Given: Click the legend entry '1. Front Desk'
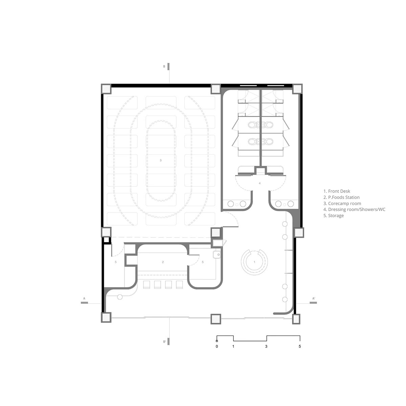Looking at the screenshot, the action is tap(337, 191).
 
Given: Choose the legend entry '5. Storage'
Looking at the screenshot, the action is tap(334, 216).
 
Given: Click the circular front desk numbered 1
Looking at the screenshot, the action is tap(254, 262).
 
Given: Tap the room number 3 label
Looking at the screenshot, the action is tap(161, 160).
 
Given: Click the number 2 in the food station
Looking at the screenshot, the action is tap(163, 262).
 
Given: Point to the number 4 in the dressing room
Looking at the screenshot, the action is tap(260, 183).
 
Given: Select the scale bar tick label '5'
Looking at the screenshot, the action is tap(300, 346).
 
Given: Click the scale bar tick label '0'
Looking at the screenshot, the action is tap(217, 346).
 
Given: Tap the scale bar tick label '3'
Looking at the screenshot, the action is tap(266, 346).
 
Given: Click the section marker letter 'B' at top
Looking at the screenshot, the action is tap(164, 66).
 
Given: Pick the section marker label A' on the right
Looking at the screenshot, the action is tap(314, 298).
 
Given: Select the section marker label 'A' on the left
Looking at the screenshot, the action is tap(84, 298).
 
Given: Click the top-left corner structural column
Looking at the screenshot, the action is tap(106, 89).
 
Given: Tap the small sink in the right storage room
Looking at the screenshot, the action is tap(217, 255).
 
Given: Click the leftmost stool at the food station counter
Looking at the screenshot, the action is tap(146, 285).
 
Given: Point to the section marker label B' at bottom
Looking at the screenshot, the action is tap(164, 348).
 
